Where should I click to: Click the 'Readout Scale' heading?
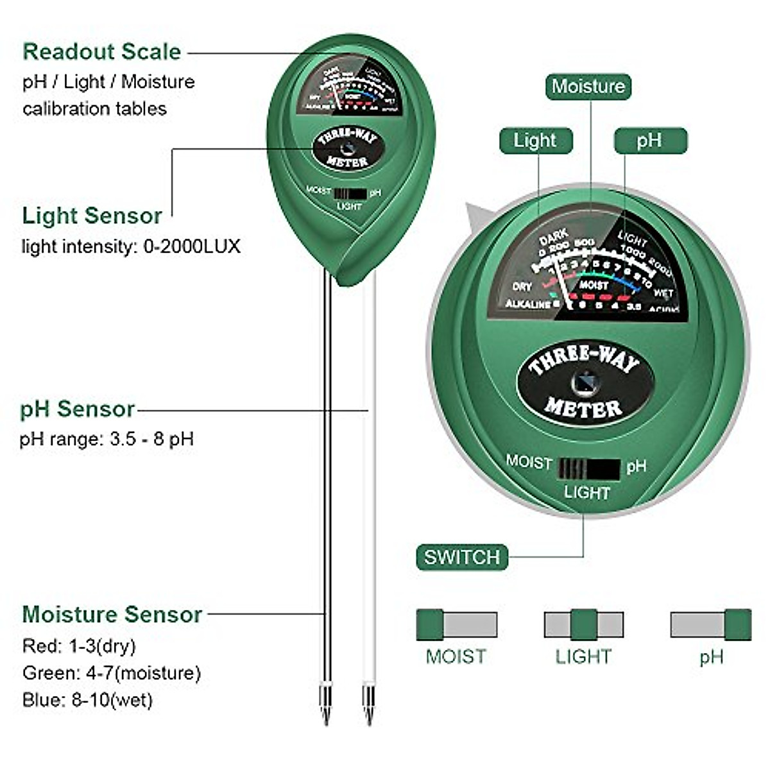(x=101, y=51)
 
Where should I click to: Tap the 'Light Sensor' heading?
(x=92, y=216)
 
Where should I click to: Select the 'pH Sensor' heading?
(x=77, y=409)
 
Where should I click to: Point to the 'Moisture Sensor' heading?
(x=112, y=614)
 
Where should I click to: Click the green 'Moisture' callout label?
(x=588, y=87)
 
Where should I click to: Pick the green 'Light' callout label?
(x=535, y=141)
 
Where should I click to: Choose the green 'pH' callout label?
(x=650, y=141)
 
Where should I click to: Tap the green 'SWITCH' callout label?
(x=461, y=557)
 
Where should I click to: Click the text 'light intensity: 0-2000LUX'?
(x=131, y=246)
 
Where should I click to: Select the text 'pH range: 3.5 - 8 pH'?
(x=107, y=440)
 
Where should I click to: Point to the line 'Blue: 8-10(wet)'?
(x=87, y=699)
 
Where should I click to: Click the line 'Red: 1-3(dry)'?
(x=79, y=646)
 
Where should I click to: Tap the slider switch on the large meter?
(x=588, y=469)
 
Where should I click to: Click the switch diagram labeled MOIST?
(x=456, y=624)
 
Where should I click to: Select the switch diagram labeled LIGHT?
(x=583, y=624)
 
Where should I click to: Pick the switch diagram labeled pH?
(x=710, y=624)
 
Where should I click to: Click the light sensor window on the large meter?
(x=585, y=384)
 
